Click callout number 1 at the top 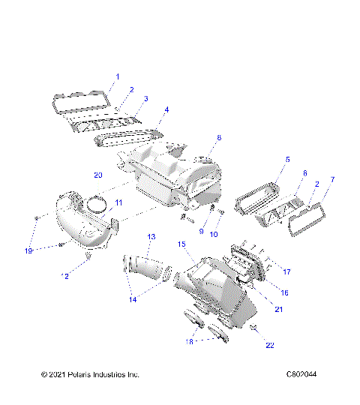pyautogui.click(x=116, y=76)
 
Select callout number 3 pyautogui.click(x=145, y=99)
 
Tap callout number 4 pyautogui.click(x=166, y=110)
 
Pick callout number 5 pyautogui.click(x=266, y=160)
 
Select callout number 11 pyautogui.click(x=118, y=203)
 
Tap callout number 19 pyautogui.click(x=29, y=250)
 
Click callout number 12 pyautogui.click(x=65, y=277)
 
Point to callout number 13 pyautogui.click(x=151, y=237)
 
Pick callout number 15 pyautogui.click(x=181, y=244)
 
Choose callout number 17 pyautogui.click(x=286, y=271)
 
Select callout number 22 pyautogui.click(x=270, y=346)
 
